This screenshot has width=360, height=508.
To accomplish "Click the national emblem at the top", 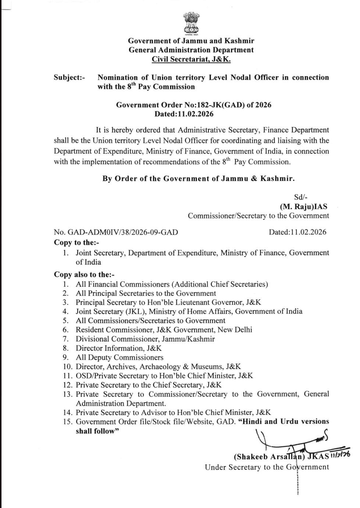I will pyautogui.click(x=191, y=23).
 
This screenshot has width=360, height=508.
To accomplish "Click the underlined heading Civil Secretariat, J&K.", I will pyautogui.click(x=191, y=59).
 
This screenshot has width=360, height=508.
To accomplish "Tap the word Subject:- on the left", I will pyautogui.click(x=69, y=78).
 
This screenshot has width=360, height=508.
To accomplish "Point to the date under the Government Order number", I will pyautogui.click(x=184, y=114).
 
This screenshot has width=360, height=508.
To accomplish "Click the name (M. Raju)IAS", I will pyautogui.click(x=303, y=207).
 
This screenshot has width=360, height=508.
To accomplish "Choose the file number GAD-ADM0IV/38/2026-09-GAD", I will pyautogui.click(x=116, y=232).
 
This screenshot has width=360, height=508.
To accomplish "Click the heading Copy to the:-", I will pyautogui.click(x=76, y=242).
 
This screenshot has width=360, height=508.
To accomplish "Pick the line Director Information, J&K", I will pyautogui.click(x=118, y=348).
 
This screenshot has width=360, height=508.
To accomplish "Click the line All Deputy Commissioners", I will pyautogui.click(x=119, y=357).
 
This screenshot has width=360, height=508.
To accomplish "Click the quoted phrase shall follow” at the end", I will pyautogui.click(x=97, y=431).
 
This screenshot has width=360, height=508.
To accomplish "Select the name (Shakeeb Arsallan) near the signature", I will pyautogui.click(x=270, y=457).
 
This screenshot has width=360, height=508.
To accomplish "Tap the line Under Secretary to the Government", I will pyautogui.click(x=267, y=467).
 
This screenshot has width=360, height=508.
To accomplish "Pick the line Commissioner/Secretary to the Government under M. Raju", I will pyautogui.click(x=258, y=216).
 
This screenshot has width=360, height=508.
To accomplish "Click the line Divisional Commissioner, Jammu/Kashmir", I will pyautogui.click(x=145, y=339).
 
